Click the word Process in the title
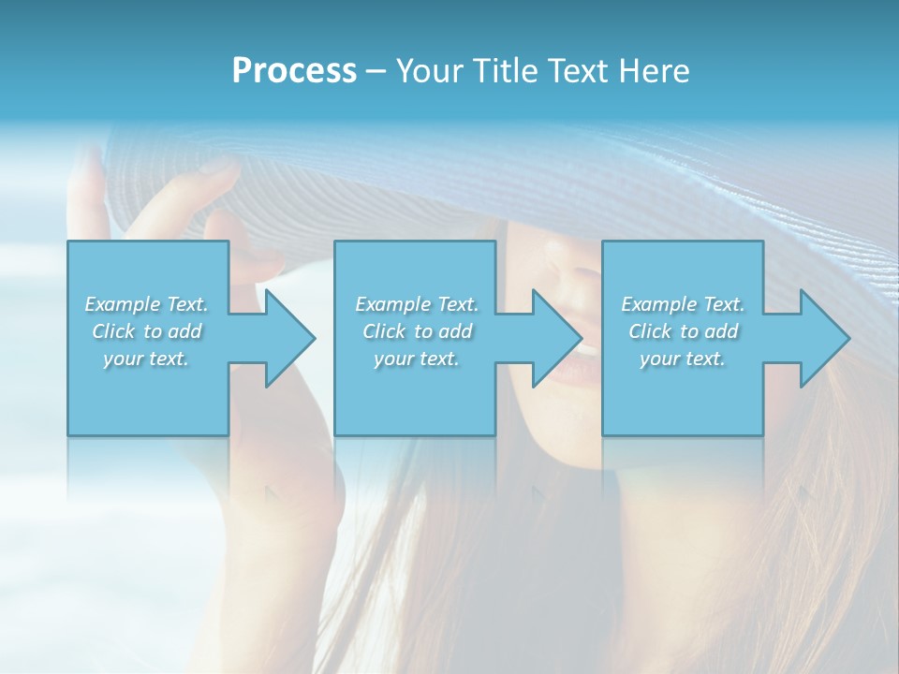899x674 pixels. pos(294,70)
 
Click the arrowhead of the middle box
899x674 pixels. pos(556,338)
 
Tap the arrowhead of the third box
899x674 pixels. pos(824,338)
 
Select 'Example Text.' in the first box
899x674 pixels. pos(147,304)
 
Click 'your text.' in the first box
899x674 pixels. pos(147,359)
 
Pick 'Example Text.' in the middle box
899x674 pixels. pos(417,304)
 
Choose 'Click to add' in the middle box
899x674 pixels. pos(417,331)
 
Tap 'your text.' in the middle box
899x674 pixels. pos(417,359)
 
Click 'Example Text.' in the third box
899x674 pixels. pos(683,304)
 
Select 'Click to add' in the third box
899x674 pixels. pos(683,331)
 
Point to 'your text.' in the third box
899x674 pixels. pos(683,359)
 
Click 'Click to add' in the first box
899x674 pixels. pos(147,331)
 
